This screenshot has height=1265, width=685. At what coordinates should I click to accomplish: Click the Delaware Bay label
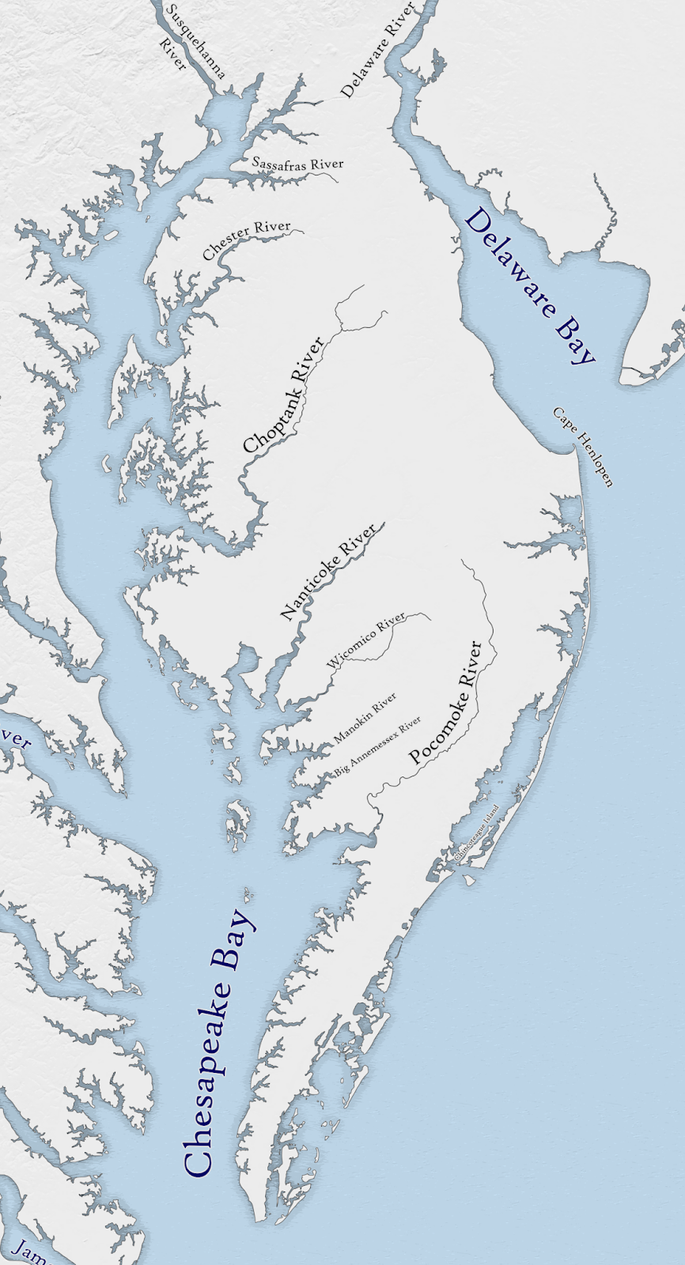coord(529,285)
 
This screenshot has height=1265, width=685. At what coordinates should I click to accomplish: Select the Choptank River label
coord(284,395)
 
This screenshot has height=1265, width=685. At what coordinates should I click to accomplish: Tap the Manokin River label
coord(365,719)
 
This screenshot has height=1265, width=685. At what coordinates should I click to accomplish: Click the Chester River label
coord(246,240)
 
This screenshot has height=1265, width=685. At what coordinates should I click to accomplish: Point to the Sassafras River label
coord(298,164)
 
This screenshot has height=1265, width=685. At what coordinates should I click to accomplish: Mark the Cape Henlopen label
coord(583,447)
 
